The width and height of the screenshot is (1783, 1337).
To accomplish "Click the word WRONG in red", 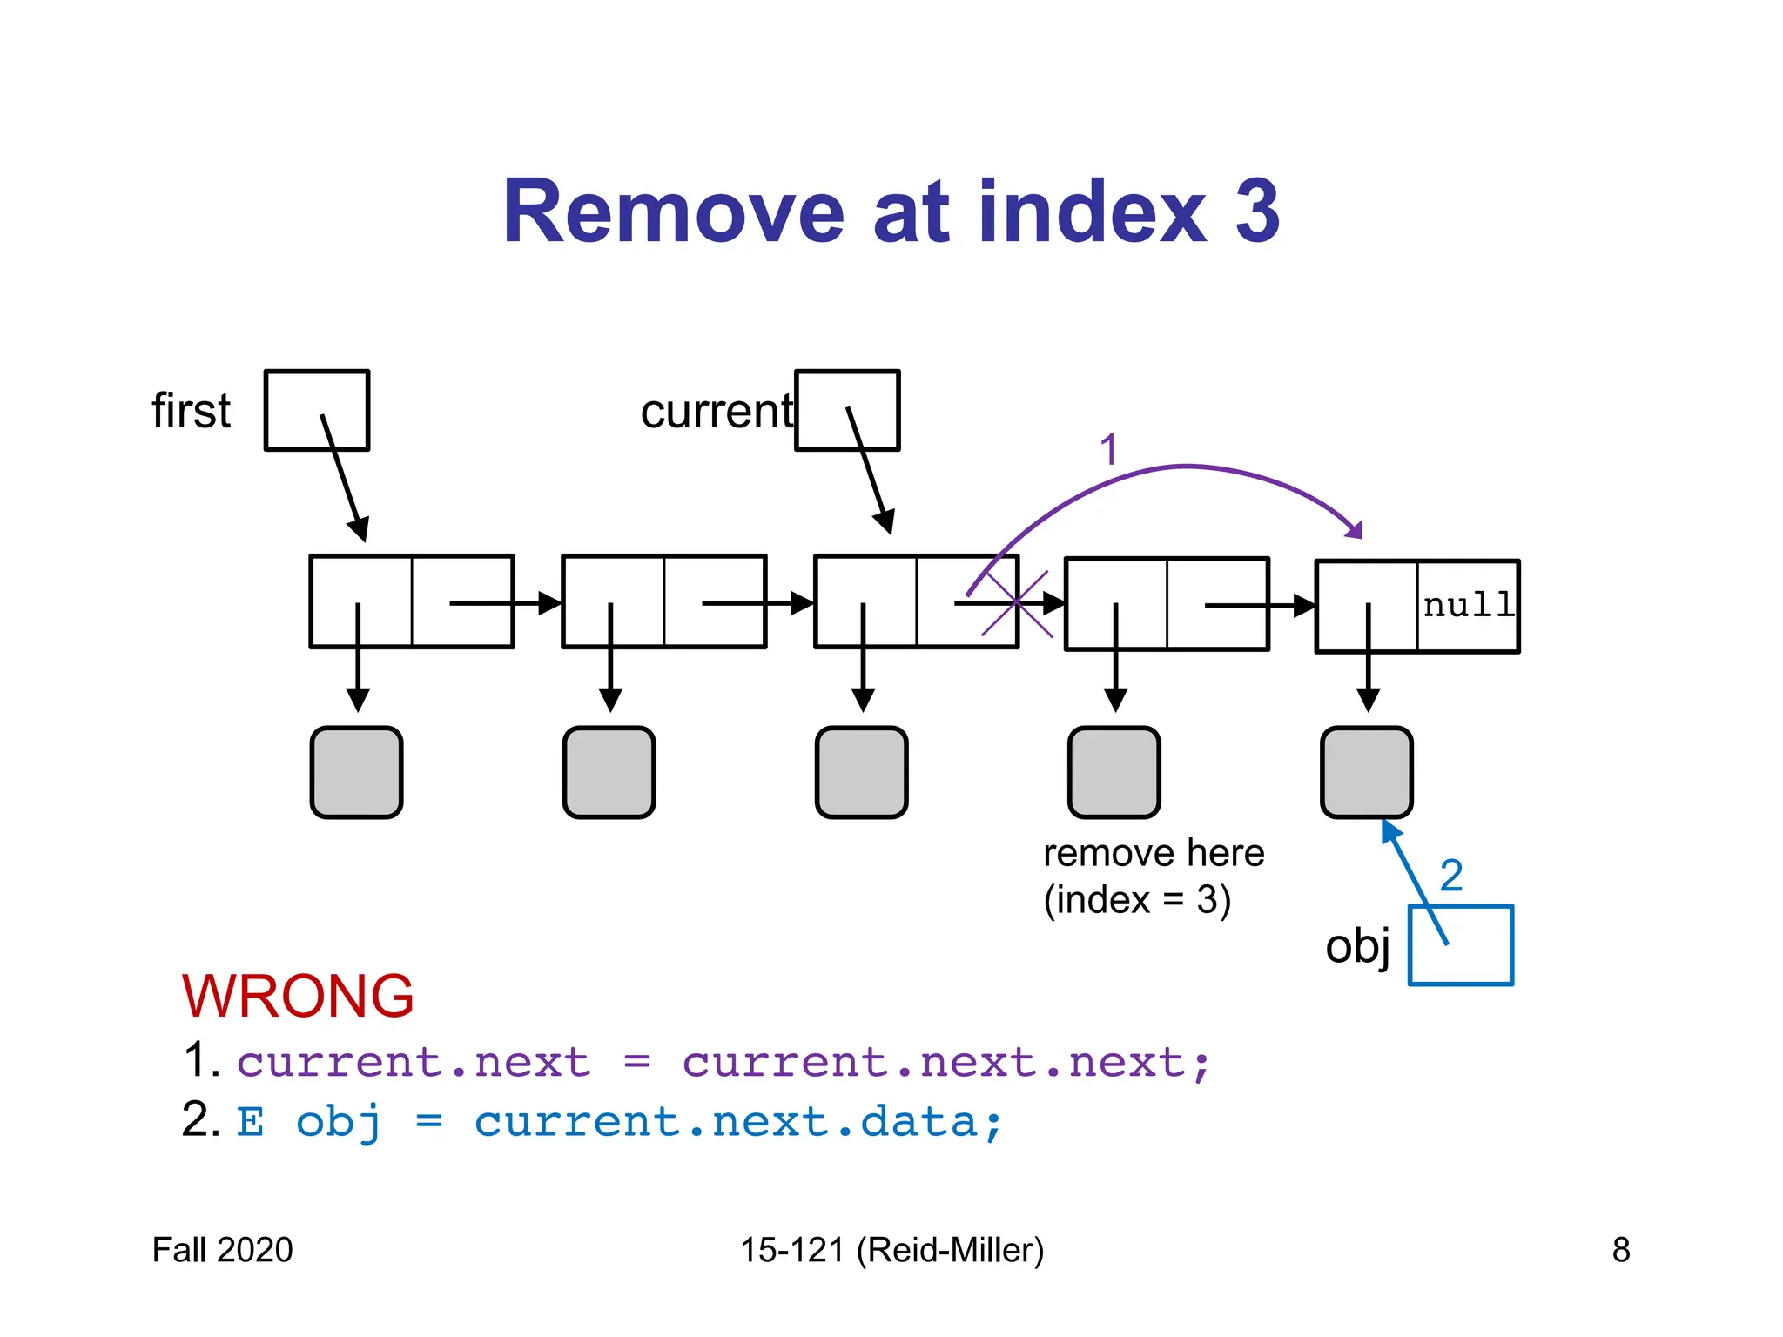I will [298, 996].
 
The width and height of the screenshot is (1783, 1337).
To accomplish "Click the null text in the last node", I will [1468, 605].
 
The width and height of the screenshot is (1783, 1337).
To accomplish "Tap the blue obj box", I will [1461, 945].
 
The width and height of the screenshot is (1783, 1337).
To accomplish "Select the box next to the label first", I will [317, 410].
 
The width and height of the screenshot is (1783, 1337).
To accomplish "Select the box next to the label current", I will [847, 410].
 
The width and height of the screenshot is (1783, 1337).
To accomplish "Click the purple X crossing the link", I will [1016, 603].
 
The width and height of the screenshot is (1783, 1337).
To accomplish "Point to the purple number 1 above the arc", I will [1107, 450].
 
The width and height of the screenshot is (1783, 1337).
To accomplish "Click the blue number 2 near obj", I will [1451, 875].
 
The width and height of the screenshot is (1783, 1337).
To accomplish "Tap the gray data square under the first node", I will [357, 772].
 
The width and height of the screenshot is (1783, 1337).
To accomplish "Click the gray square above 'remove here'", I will [1114, 772].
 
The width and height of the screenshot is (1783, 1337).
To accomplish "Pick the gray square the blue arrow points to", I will [1367, 772].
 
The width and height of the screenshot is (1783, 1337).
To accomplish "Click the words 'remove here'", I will [1154, 853].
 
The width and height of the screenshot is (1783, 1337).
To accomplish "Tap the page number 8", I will [1620, 1250].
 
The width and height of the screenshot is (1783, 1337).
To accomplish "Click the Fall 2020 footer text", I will [223, 1250].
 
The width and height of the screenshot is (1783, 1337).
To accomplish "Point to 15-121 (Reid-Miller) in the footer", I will [891, 1250].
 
